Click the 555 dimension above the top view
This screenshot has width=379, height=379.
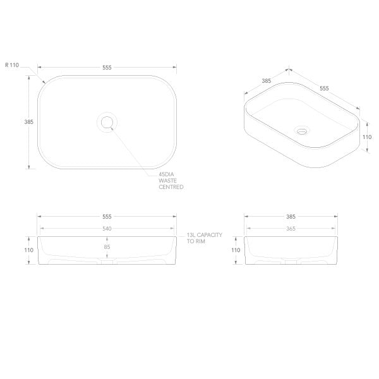click(x=107, y=67)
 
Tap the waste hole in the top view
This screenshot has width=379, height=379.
click(x=107, y=121)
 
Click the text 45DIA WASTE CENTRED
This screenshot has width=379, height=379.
click(x=171, y=181)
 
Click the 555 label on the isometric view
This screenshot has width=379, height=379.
click(x=324, y=88)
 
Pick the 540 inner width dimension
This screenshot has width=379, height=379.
click(x=107, y=228)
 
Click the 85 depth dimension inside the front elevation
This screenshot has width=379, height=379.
click(x=107, y=247)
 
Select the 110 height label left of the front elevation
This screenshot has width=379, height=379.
click(x=29, y=250)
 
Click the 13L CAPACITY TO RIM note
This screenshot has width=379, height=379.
click(x=205, y=238)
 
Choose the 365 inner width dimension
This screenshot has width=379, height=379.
click(x=289, y=228)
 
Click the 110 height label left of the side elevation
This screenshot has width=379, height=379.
click(x=236, y=250)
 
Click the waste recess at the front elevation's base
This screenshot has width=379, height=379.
click(x=107, y=262)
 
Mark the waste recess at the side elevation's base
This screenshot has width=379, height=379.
click(x=289, y=262)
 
